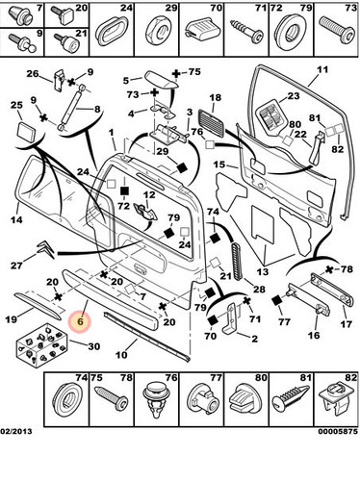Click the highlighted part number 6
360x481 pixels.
(80, 321)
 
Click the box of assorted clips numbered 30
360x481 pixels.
(42, 346)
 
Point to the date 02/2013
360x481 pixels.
(16, 431)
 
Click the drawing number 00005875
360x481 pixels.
(338, 431)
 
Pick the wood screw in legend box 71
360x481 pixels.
(247, 31)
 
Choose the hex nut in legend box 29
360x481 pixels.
(159, 31)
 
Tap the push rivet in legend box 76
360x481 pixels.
(155, 399)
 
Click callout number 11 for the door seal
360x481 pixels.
(322, 69)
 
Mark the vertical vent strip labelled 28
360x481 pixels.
(237, 262)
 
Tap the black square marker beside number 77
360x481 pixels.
(276, 300)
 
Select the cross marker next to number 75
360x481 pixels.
(176, 74)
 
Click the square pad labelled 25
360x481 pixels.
(27, 132)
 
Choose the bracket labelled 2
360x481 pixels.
(231, 319)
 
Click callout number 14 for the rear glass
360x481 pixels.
(16, 220)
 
